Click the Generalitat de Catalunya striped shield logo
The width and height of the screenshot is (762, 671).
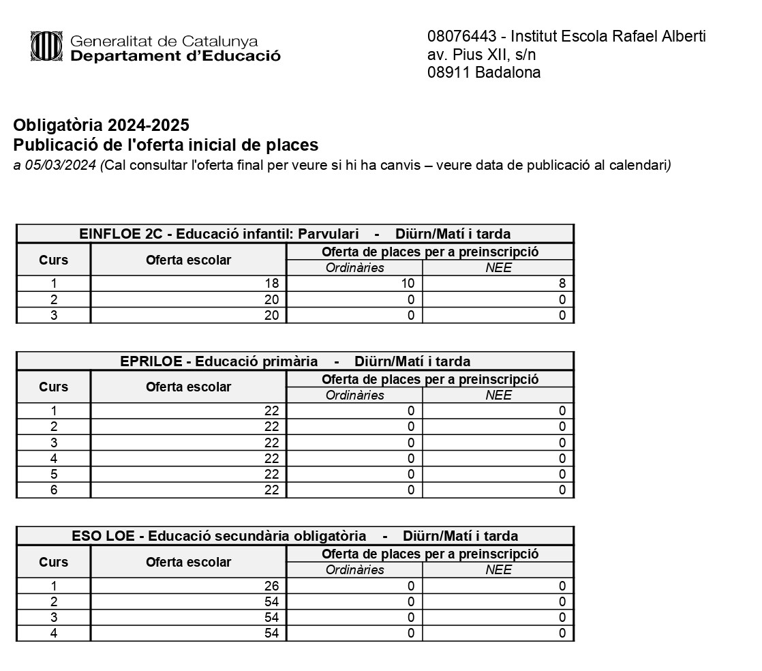click(x=46, y=46)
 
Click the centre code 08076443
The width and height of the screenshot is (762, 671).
click(x=459, y=36)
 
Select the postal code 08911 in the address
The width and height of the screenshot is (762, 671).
click(x=448, y=73)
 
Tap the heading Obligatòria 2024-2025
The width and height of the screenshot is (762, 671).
click(x=101, y=125)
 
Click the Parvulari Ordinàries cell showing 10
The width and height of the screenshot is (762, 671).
click(x=407, y=284)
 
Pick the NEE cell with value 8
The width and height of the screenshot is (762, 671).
click(x=562, y=284)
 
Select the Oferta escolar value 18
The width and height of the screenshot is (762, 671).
click(x=271, y=284)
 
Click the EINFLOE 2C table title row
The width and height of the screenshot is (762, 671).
click(x=294, y=233)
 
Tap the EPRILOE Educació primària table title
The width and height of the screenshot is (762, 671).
click(x=294, y=361)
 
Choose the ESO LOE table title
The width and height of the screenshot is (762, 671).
click(x=294, y=536)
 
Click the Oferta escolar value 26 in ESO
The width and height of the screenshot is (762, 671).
click(x=271, y=586)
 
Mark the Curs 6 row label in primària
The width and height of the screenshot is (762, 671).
click(x=54, y=490)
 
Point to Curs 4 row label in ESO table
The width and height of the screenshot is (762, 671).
click(x=54, y=633)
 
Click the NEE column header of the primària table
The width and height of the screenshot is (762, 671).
click(x=498, y=396)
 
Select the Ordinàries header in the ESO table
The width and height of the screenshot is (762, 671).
click(x=354, y=570)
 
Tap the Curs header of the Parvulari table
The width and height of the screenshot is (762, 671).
click(x=54, y=260)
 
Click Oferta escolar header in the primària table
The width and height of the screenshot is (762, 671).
click(x=188, y=387)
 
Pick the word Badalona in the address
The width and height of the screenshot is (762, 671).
click(x=508, y=73)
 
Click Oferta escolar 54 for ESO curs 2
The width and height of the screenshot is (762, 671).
click(x=271, y=601)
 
